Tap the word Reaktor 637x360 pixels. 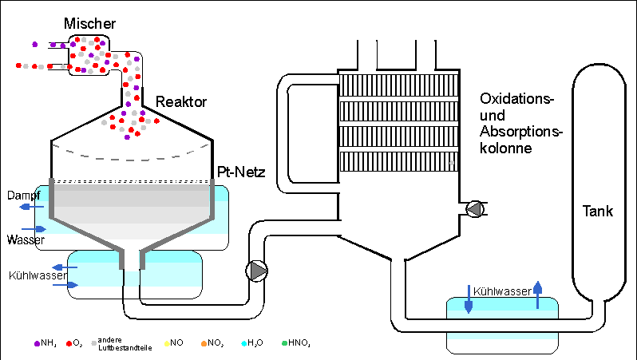pyautogui.click(x=181, y=102)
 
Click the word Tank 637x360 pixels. pyautogui.click(x=597, y=212)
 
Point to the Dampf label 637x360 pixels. pyautogui.click(x=23, y=195)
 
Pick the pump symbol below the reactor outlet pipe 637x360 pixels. pyautogui.click(x=258, y=271)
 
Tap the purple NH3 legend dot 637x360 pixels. pyautogui.click(x=37, y=343)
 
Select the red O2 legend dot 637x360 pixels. pyautogui.click(x=69, y=343)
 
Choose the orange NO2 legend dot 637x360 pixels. pyautogui.click(x=204, y=343)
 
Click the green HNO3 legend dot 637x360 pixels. pyautogui.click(x=284, y=343)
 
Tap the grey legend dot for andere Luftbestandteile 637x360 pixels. pyautogui.click(x=95, y=343)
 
